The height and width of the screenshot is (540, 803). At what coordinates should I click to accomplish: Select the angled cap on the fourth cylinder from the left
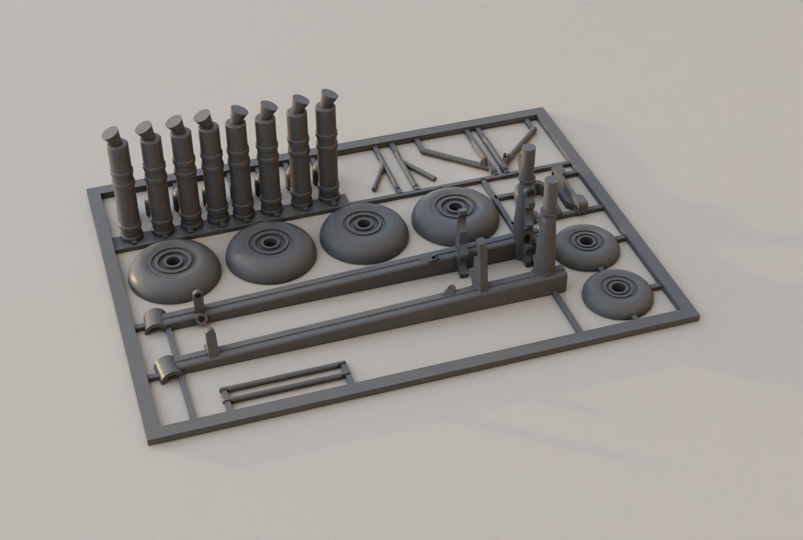[x=203, y=117]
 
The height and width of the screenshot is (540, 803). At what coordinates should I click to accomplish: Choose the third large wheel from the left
[x=364, y=232]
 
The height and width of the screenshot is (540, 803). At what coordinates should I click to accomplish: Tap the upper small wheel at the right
[x=587, y=246]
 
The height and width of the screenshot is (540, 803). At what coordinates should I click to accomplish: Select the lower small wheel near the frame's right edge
[x=617, y=293]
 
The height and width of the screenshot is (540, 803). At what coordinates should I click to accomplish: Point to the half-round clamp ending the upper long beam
[x=154, y=321]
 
